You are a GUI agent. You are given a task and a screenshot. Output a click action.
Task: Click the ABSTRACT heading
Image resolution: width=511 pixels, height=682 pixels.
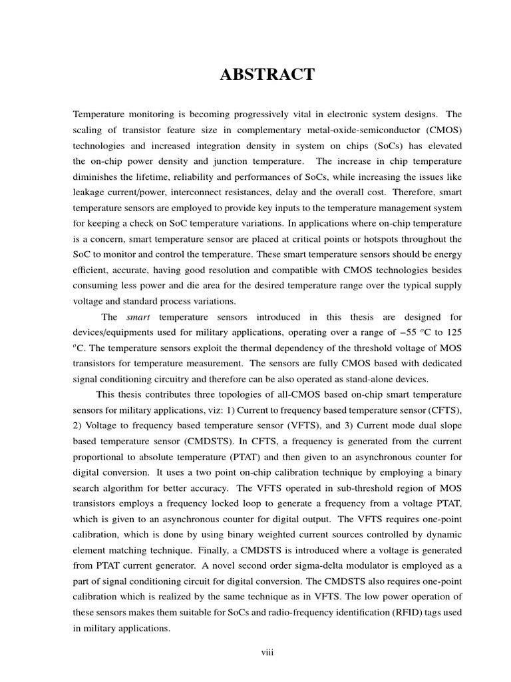coord(267,75)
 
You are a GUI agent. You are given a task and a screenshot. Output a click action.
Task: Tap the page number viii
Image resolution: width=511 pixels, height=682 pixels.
coord(267,653)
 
